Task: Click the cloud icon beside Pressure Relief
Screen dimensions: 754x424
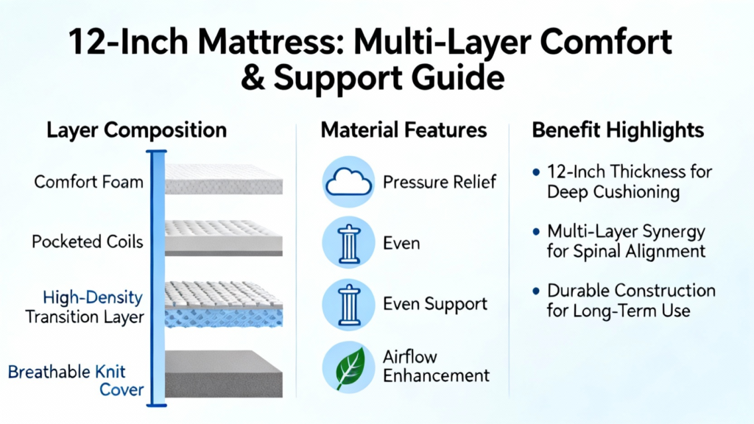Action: pyautogui.click(x=348, y=182)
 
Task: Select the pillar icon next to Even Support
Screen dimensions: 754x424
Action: pyautogui.click(x=348, y=305)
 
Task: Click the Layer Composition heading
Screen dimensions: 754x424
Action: pyautogui.click(x=136, y=130)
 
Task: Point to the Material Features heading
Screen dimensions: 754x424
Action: pyautogui.click(x=404, y=130)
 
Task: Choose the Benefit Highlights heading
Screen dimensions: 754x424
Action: pyautogui.click(x=618, y=130)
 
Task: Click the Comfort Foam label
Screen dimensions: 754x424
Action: pyautogui.click(x=89, y=182)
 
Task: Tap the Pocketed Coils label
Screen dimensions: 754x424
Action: pyautogui.click(x=88, y=241)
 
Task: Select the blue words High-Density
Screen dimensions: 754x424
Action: pyautogui.click(x=93, y=297)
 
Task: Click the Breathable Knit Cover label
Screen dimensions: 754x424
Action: pyautogui.click(x=76, y=381)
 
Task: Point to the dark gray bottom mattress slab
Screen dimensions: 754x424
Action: pyautogui.click(x=224, y=373)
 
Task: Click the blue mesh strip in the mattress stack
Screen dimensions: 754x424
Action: pyautogui.click(x=224, y=318)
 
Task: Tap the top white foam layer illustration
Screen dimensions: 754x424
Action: pyautogui.click(x=224, y=179)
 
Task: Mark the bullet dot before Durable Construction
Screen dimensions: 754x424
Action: pyautogui.click(x=537, y=291)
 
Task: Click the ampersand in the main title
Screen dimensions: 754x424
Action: pyautogui.click(x=253, y=78)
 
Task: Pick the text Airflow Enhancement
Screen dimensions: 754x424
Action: pyautogui.click(x=436, y=367)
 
